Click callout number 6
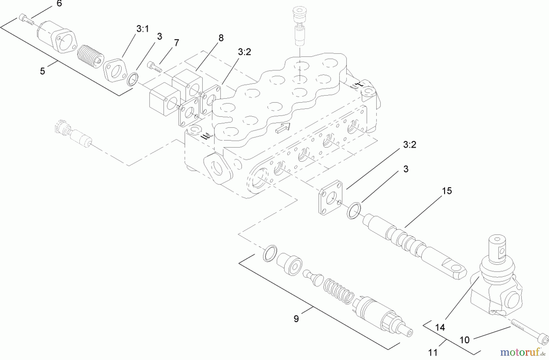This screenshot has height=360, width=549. [x=59, y=4]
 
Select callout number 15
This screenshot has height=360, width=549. [x=447, y=191]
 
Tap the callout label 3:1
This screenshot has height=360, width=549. [x=142, y=29]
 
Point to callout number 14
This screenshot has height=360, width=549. [x=440, y=327]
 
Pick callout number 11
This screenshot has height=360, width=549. [x=432, y=353]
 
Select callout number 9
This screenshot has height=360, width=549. [x=296, y=319]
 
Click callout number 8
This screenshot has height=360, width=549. [x=221, y=38]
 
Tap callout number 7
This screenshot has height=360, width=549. [x=176, y=43]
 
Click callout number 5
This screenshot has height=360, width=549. [x=42, y=71]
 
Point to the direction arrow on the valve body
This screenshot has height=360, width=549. [x=283, y=128]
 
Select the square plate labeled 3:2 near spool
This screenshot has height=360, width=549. [x=331, y=198]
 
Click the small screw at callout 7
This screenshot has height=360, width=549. [x=155, y=67]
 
